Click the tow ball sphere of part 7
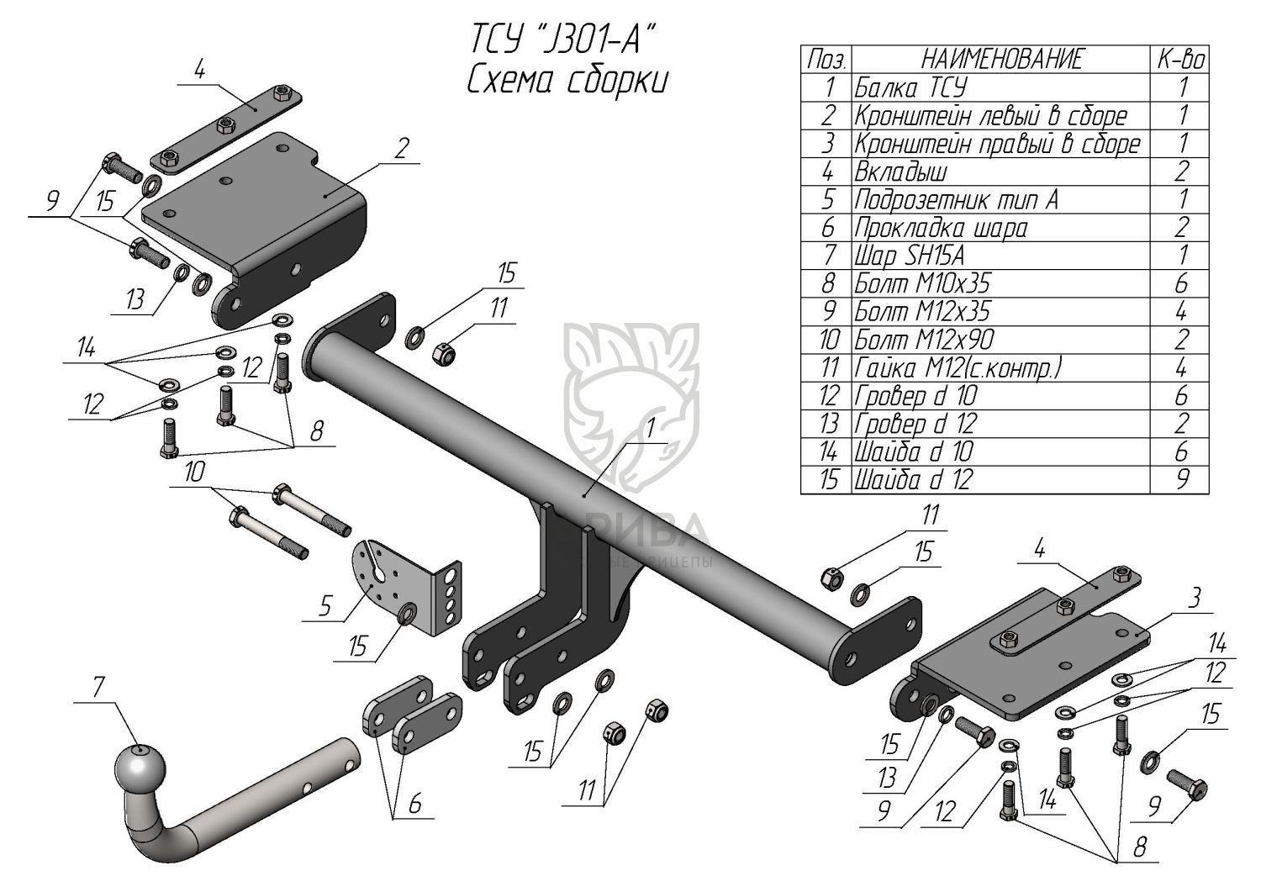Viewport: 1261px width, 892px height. [x=140, y=766]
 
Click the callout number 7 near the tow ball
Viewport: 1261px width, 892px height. [x=98, y=688]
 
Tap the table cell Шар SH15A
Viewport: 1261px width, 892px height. [x=909, y=255]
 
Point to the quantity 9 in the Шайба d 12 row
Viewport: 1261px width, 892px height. [x=1182, y=479]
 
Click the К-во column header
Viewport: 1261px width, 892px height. [x=1181, y=60]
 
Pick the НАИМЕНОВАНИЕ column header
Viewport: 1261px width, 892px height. [x=1002, y=60]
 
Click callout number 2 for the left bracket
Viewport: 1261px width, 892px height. [x=401, y=149]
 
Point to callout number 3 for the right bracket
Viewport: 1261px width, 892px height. [x=1196, y=598]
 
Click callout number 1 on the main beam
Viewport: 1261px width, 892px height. [x=651, y=429]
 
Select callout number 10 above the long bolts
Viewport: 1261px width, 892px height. [x=194, y=472]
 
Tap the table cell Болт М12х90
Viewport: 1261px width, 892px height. [x=924, y=340]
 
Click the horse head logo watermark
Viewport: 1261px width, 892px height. [x=630, y=395]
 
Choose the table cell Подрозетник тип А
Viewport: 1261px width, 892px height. [x=956, y=200]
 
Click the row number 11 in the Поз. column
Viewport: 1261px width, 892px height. [x=828, y=367]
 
